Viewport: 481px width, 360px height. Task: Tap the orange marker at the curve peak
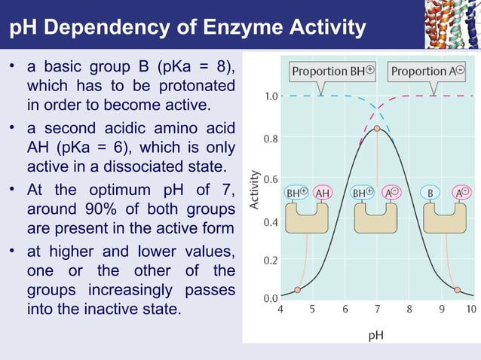click(377, 128)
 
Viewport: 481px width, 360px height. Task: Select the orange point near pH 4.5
click(297, 289)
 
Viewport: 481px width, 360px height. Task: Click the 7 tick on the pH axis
click(377, 309)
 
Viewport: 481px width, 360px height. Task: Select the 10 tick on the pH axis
click(471, 309)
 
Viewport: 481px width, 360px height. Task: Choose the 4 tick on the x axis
click(281, 309)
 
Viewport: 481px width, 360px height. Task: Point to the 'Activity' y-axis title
click(256, 188)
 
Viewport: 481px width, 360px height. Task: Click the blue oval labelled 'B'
click(430, 193)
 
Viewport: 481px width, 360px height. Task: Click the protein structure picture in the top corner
click(453, 22)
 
